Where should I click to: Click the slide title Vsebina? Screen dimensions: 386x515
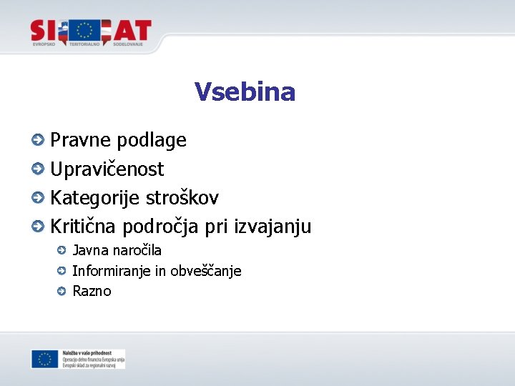pyautogui.click(x=245, y=92)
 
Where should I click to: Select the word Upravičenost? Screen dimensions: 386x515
pyautogui.click(x=107, y=169)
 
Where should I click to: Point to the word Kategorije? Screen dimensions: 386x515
pyautogui.click(x=95, y=198)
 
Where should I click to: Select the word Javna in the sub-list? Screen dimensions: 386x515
pyautogui.click(x=90, y=251)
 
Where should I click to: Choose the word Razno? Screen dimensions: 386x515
pyautogui.click(x=92, y=292)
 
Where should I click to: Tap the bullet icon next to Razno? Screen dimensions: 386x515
pyautogui.click(x=62, y=291)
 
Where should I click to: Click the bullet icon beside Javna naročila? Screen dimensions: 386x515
pyautogui.click(x=62, y=250)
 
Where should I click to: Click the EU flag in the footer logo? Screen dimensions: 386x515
pyautogui.click(x=44, y=359)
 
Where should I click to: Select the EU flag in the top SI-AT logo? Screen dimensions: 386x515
pyautogui.click(x=86, y=31)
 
